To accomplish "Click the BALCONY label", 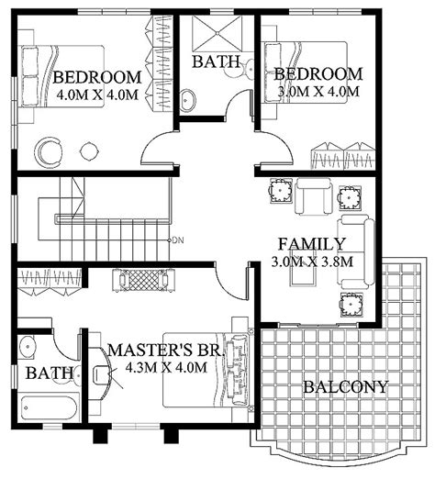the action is coord(346,387).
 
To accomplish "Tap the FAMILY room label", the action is coord(312,244).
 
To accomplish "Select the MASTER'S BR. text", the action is coord(164,351).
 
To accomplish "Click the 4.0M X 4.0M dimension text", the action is coord(97,95).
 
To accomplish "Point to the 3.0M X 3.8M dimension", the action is coord(312,262).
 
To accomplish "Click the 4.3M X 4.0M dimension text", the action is coord(166,367).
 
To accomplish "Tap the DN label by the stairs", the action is coord(178,240).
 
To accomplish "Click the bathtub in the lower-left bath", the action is coord(49,407).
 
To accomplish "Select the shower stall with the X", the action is coord(217,33).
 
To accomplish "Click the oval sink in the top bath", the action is coord(187,100).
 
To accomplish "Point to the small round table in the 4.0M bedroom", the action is coord(89,150).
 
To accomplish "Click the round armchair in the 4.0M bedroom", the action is coord(48,152).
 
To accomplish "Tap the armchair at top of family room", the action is coord(313,196).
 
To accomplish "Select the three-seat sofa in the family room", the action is coord(355,251).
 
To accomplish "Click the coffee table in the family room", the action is coord(302,267).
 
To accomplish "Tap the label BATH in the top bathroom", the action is coord(216,61).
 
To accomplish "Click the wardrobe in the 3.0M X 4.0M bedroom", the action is coord(343,156).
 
